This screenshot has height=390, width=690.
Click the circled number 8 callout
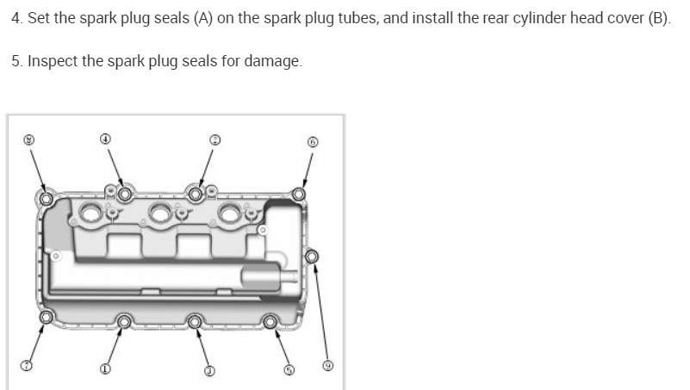click(29, 138)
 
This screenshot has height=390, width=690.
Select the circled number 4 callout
click(105, 138)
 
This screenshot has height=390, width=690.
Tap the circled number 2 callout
click(215, 138)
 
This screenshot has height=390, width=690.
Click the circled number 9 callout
click(327, 365)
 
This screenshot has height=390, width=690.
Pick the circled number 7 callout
click(27, 367)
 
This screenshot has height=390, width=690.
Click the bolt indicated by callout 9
click(312, 256)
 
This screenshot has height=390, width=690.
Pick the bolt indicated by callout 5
click(270, 322)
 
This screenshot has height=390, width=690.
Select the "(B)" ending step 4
click(659, 19)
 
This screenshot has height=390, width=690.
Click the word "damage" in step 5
click(276, 63)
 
